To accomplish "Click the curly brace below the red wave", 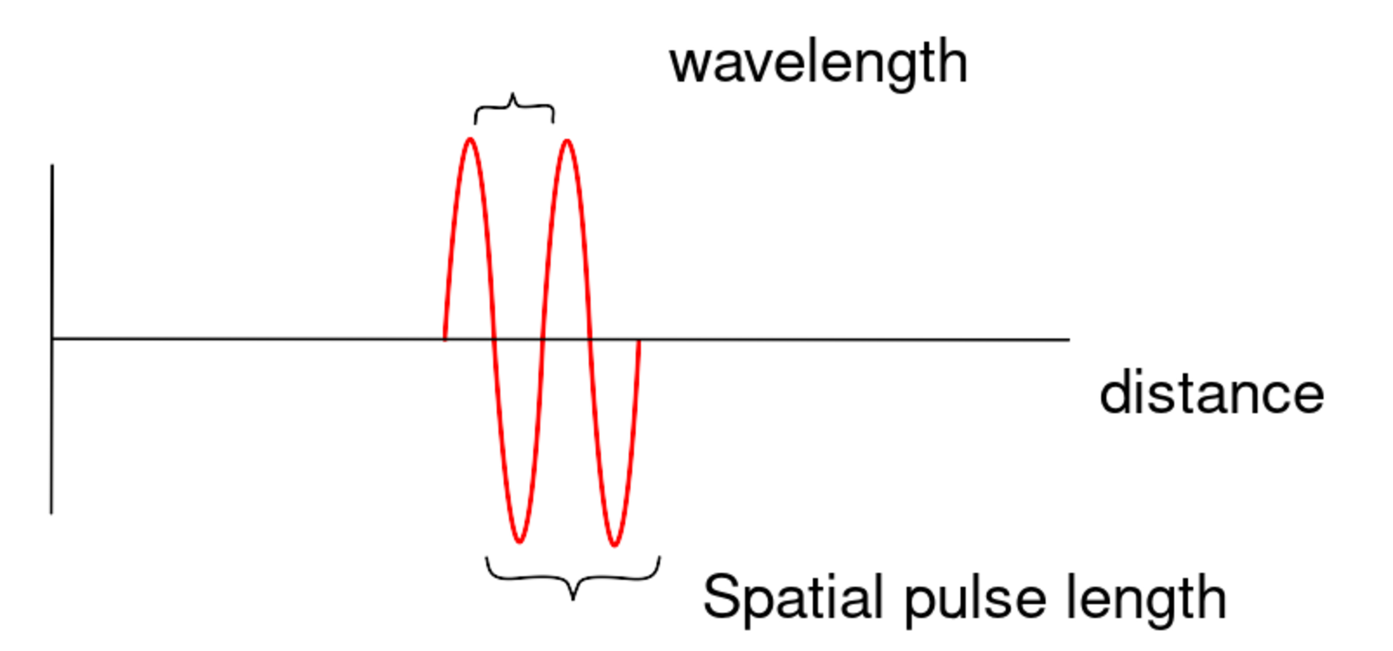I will coord(572,576).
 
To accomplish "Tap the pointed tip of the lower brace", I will coord(572,599).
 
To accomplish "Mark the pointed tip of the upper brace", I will coord(513,95).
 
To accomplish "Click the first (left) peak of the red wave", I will coord(470,140).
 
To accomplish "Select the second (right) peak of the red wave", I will coord(566,141).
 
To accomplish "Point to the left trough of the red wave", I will coord(519,541).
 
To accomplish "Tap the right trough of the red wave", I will coord(614,544).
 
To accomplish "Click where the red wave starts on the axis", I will coord(445,339).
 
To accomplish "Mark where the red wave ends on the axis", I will coord(639,340).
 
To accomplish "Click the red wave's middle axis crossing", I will coord(542,339).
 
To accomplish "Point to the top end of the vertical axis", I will coord(52,165).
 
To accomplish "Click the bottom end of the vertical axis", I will coord(52,512).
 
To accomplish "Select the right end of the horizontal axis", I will coord(1069,340).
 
